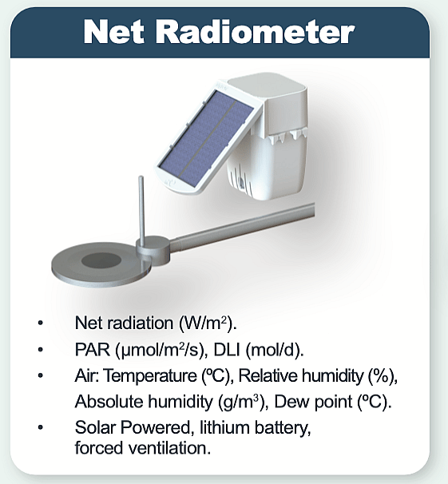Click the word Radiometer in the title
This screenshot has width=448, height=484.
[x=256, y=31]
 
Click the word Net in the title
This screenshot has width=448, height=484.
[x=114, y=32]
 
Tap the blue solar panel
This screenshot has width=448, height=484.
[x=206, y=138]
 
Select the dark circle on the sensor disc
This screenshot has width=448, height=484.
[x=101, y=261]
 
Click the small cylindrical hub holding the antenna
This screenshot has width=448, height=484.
[x=153, y=249]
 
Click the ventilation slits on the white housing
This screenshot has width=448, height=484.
[x=240, y=178]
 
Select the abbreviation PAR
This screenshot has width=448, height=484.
[x=93, y=350]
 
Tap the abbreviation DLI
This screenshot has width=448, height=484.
[x=227, y=350]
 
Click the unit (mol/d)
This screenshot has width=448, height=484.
[x=275, y=350]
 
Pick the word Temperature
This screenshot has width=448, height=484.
[x=150, y=376]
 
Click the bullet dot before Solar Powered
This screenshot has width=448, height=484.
[x=40, y=427]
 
